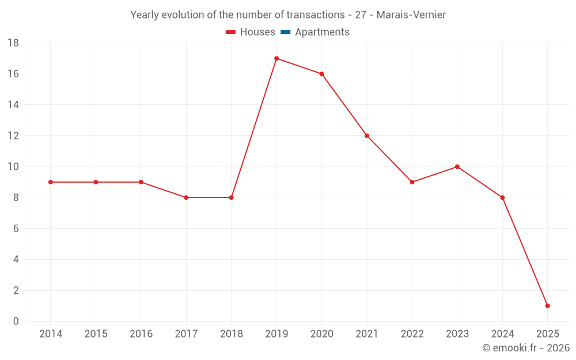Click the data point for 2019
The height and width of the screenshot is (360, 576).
pyautogui.click(x=276, y=58)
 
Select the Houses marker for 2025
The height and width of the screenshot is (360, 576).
pyautogui.click(x=547, y=306)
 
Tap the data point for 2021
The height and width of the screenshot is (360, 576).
pyautogui.click(x=367, y=136)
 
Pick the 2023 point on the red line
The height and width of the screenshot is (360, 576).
pyautogui.click(x=457, y=167)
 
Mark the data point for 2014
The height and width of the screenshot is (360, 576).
pyautogui.click(x=51, y=182)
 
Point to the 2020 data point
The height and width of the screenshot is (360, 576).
pyautogui.click(x=321, y=74)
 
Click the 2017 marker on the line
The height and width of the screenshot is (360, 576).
pyautogui.click(x=186, y=198)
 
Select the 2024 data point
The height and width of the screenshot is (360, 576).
pyautogui.click(x=502, y=198)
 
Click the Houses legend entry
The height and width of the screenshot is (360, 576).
pyautogui.click(x=250, y=32)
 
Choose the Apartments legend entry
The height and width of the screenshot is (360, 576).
pyautogui.click(x=315, y=32)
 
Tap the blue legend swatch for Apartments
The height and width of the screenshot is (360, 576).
pyautogui.click(x=285, y=32)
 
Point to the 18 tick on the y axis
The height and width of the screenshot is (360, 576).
pyautogui.click(x=13, y=43)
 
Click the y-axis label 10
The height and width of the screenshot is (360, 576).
pyautogui.click(x=13, y=167)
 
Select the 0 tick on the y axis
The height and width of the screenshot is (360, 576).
pyautogui.click(x=16, y=321)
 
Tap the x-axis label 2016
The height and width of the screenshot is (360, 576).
pyautogui.click(x=141, y=334)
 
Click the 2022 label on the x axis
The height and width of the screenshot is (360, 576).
pyautogui.click(x=412, y=334)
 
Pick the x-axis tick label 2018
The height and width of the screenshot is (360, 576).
pyautogui.click(x=231, y=334)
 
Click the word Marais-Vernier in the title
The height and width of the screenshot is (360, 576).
pyautogui.click(x=411, y=15)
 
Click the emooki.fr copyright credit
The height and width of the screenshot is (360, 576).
pyautogui.click(x=525, y=348)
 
